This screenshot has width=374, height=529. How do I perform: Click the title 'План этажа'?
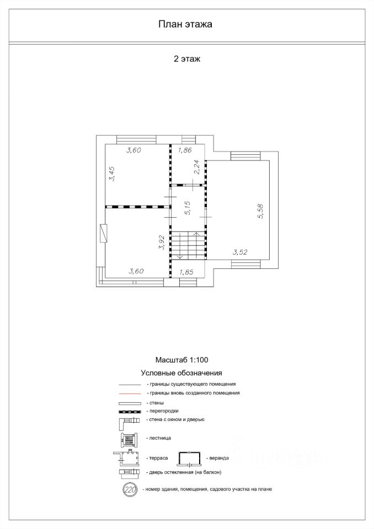(185, 24)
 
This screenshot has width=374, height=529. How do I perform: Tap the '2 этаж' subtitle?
(186, 59)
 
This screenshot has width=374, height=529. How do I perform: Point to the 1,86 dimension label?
(185, 150)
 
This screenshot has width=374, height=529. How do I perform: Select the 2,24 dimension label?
(196, 166)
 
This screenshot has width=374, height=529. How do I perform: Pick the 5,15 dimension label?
(188, 208)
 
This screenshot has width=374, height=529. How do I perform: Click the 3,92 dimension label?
(162, 243)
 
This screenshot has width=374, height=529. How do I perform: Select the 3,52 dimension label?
(240, 253)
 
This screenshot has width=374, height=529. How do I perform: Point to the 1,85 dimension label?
(186, 272)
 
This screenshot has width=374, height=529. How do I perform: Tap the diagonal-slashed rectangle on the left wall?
(103, 233)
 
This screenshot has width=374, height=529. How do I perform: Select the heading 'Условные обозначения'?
(181, 373)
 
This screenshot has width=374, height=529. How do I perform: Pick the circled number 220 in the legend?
(130, 489)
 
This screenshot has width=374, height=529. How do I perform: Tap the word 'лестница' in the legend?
(159, 438)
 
